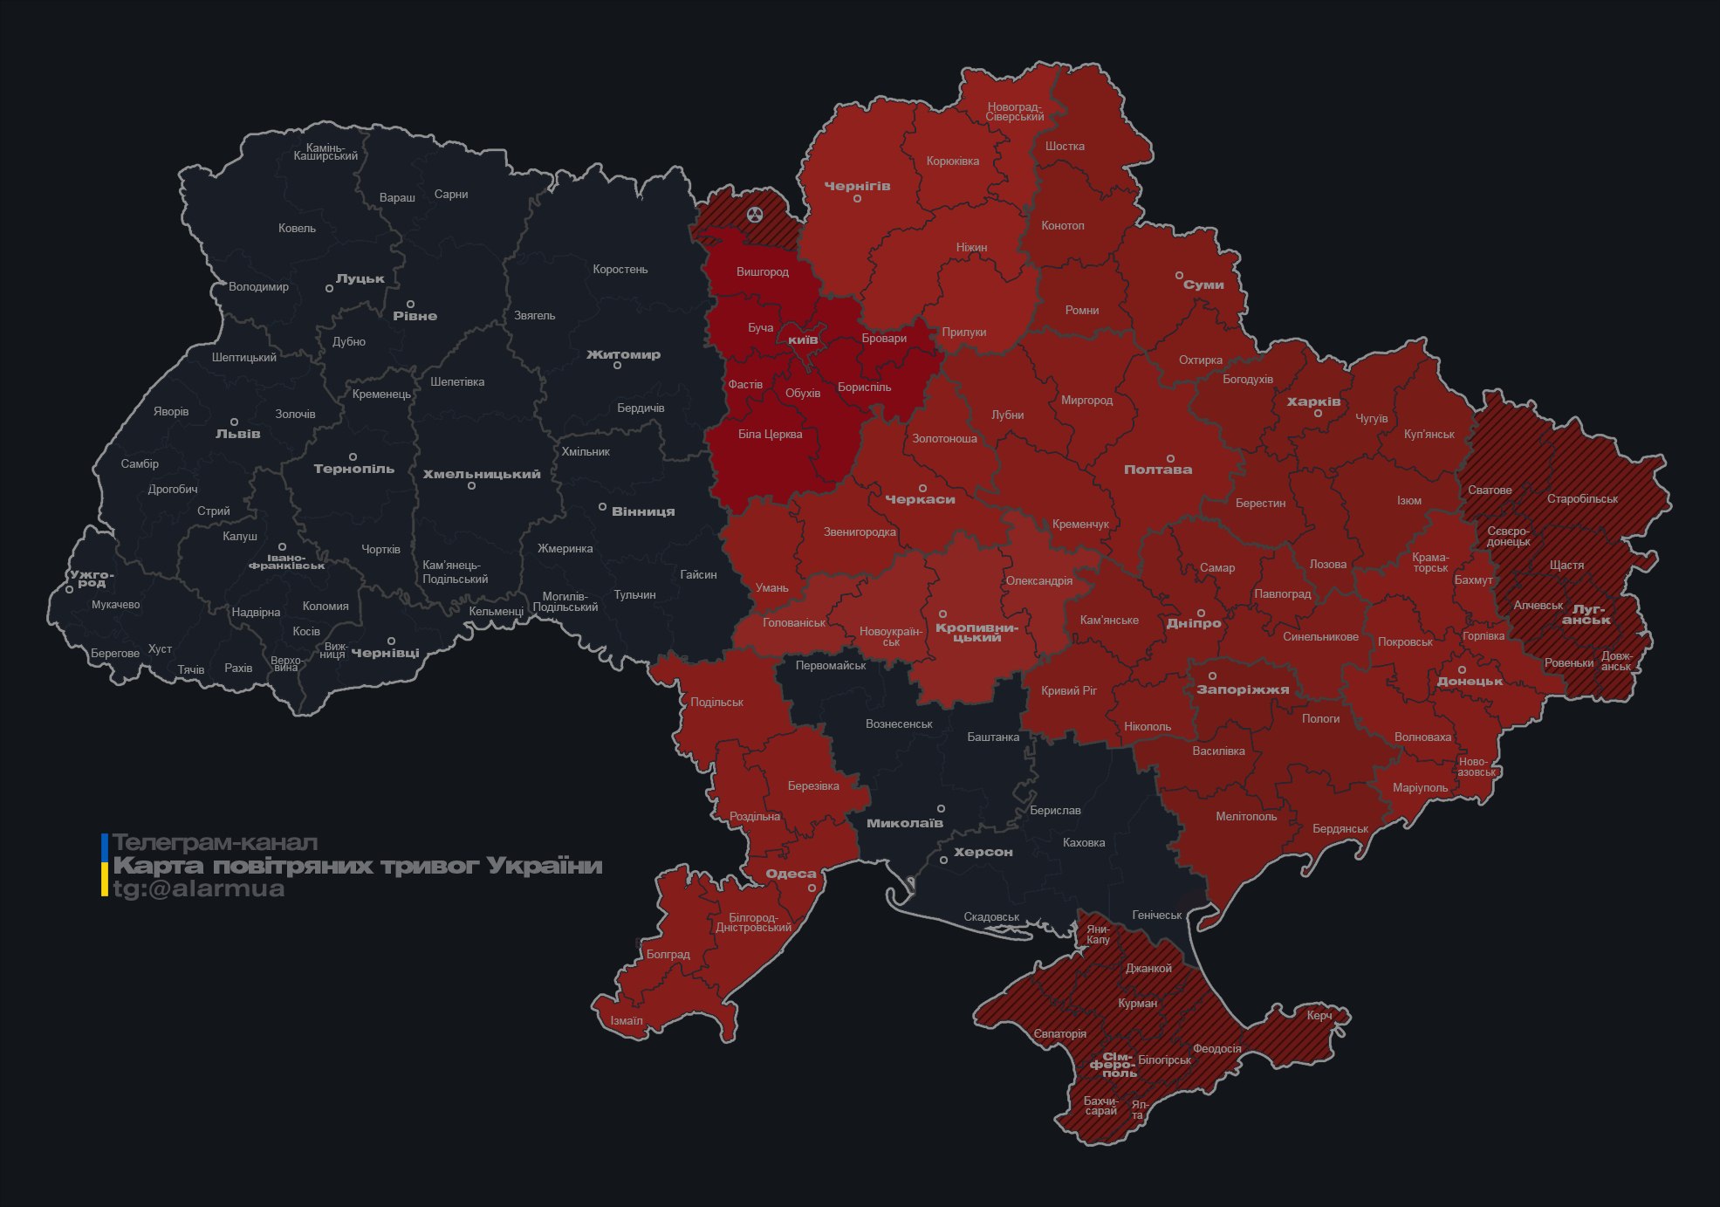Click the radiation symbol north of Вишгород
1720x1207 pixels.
[755, 215]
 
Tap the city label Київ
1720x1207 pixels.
[803, 339]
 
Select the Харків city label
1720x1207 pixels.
[1313, 401]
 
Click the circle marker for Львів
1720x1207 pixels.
[234, 422]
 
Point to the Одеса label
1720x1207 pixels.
[791, 874]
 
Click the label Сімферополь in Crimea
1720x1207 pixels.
[1113, 1065]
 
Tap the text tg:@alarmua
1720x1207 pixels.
[199, 888]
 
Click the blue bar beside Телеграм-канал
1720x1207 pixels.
[105, 846]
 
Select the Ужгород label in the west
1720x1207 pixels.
[91, 578]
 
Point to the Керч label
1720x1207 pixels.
[1319, 1015]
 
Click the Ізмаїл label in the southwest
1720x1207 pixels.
[627, 1020]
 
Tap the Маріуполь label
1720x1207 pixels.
[1420, 787]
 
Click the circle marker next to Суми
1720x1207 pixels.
[1178, 275]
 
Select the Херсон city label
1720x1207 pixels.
[983, 852]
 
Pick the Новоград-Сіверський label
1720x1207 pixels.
[1015, 112]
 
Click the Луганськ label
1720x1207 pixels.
[1586, 614]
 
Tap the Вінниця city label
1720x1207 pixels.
[643, 511]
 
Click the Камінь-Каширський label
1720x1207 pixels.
[325, 151]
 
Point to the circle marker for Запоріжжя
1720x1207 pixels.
[1212, 676]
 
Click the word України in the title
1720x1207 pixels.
[545, 866]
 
